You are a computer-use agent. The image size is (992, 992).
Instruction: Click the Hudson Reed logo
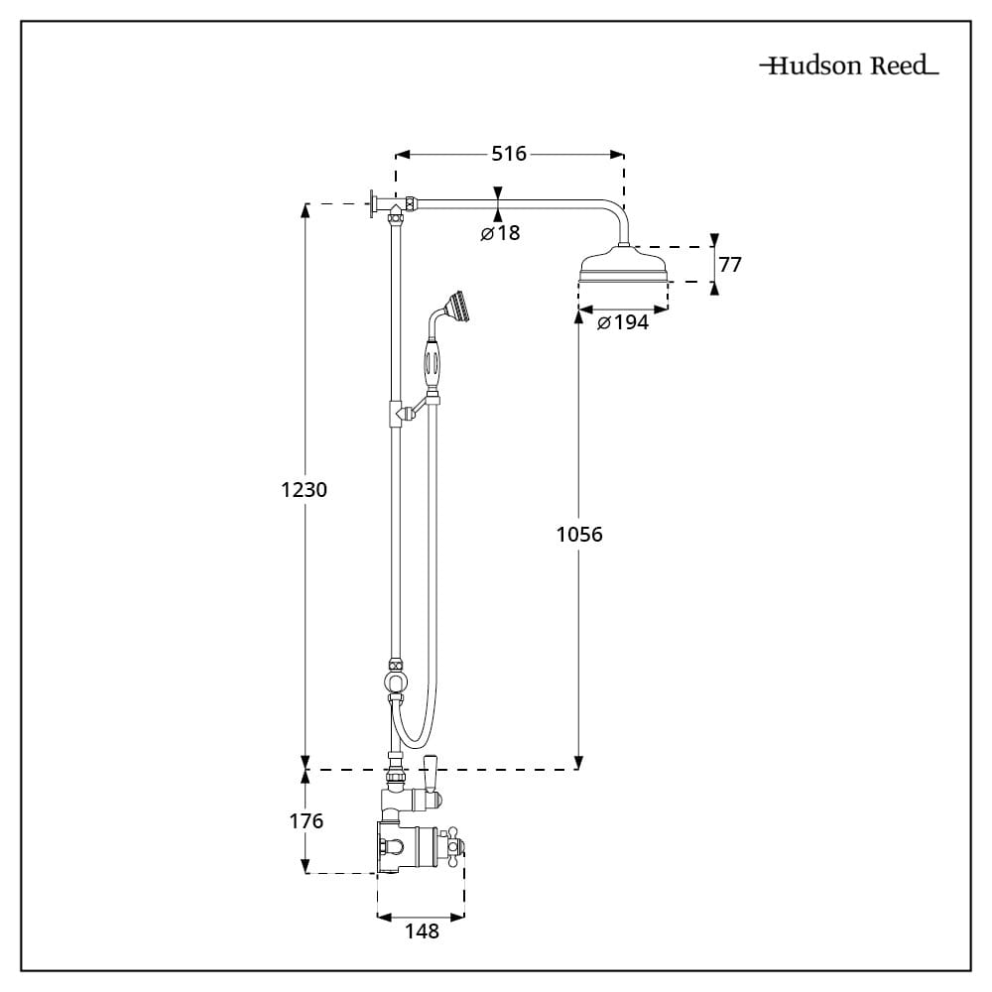tap(849, 66)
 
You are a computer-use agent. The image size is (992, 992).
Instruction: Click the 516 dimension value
tap(509, 154)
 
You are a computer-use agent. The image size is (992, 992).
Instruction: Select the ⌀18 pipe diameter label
tap(500, 234)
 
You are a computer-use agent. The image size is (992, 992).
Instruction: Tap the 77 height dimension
tap(730, 265)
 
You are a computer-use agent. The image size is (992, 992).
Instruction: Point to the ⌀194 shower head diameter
tap(623, 322)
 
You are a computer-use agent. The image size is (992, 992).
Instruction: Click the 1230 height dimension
tap(305, 490)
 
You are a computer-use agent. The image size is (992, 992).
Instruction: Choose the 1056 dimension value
tap(579, 535)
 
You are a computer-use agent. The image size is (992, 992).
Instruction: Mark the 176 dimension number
tap(305, 821)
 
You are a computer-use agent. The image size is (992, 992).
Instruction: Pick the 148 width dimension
tap(422, 931)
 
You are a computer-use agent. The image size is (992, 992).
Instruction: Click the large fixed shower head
tap(623, 269)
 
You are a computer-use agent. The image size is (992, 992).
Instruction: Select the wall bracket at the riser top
tap(375, 205)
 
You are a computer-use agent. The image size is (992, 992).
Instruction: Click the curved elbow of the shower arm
tap(616, 214)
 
